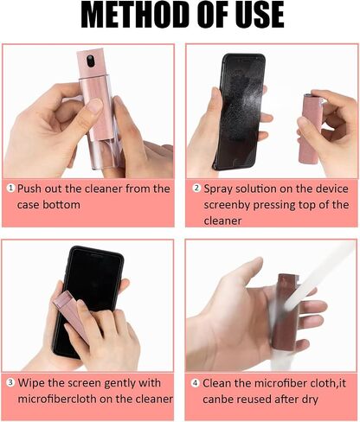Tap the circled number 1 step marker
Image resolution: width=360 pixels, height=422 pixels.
click(10, 188)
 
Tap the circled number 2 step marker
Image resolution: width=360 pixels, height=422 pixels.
click(196, 188)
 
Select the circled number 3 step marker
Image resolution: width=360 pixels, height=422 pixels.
click(10, 382)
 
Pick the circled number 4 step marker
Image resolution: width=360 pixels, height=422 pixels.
click(196, 383)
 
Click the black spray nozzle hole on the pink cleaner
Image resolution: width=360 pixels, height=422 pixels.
click(91, 61)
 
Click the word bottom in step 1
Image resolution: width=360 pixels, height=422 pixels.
click(61, 205)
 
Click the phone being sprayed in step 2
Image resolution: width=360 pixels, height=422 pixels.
click(241, 112)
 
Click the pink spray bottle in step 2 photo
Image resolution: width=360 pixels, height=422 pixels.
click(309, 127)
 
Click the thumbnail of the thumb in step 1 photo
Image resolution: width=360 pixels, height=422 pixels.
click(95, 105)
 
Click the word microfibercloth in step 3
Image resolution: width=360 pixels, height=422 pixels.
click(65, 399)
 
